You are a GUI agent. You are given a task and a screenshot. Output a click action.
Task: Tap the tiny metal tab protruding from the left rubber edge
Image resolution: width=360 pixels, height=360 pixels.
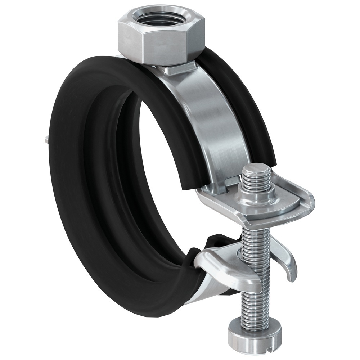45,139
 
